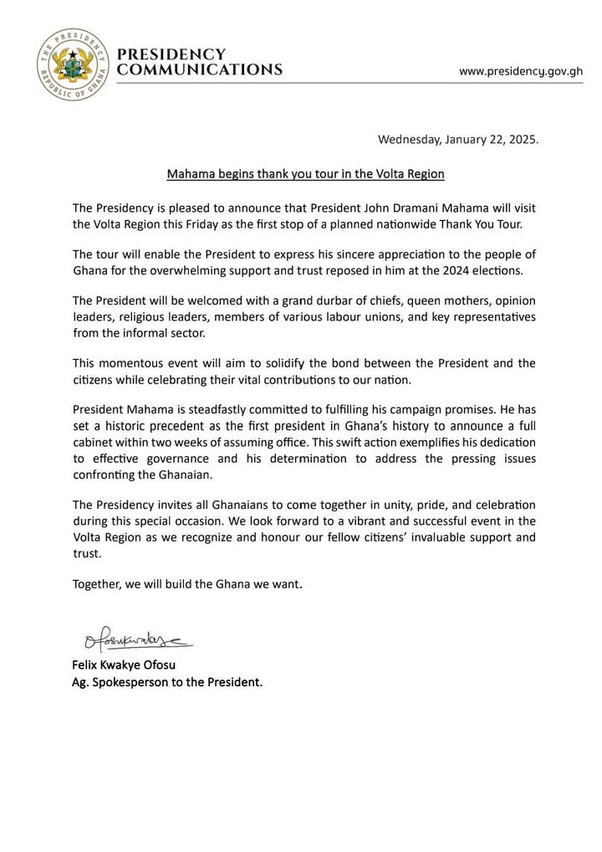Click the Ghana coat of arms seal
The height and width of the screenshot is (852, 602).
(x=70, y=62)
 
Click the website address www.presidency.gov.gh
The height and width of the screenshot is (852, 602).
(x=521, y=71)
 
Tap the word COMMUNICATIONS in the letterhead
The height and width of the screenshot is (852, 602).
(x=200, y=70)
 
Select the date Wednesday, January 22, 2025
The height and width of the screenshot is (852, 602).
(x=459, y=140)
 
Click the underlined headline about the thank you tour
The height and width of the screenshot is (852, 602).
(x=305, y=174)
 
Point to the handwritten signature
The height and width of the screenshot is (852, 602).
(x=134, y=642)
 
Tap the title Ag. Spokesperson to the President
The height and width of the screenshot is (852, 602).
(x=167, y=682)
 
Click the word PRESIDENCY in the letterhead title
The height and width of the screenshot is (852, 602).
(x=172, y=54)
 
